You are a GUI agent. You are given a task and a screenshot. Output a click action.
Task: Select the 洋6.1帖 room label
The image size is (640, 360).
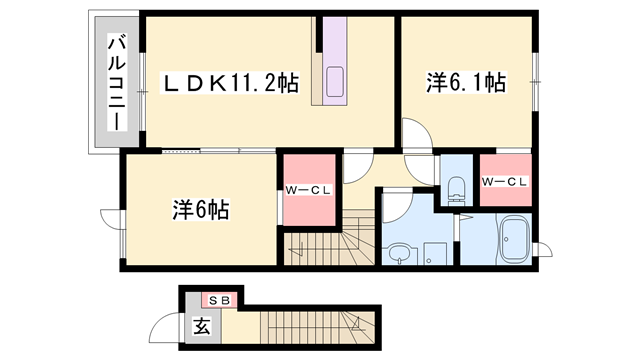465,85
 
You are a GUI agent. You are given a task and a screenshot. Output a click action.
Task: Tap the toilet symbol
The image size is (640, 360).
457,189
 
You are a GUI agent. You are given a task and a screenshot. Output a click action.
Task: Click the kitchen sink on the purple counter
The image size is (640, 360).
334,79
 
